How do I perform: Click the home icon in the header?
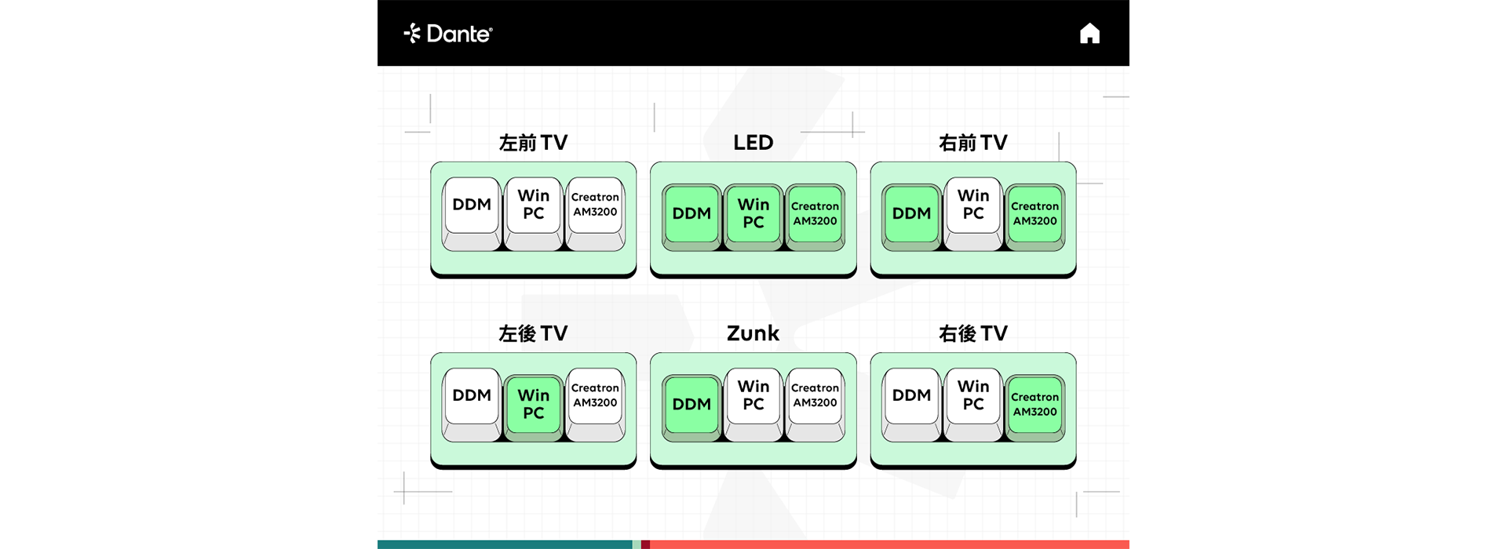coord(1089,34)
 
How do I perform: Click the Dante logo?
coord(448,34)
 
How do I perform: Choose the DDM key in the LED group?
coord(691,217)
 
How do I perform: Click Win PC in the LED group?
coord(753,217)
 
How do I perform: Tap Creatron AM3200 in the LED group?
coord(815,217)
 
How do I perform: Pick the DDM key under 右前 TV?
coord(911,217)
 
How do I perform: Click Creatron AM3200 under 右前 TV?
coord(1034,217)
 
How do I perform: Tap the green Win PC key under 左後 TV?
coord(534,408)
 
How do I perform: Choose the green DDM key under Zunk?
coord(691,408)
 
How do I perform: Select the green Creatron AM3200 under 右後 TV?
coord(1034,408)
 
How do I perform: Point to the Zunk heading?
coord(753,333)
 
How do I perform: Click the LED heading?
coord(753,143)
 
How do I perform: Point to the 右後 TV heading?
coord(973,333)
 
